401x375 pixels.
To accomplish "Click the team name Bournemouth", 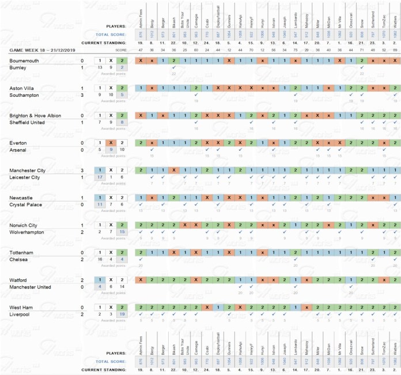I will (x=24, y=60).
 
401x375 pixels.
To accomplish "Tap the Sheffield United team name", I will (x=29, y=122).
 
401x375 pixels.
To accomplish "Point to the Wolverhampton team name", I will (x=29, y=232).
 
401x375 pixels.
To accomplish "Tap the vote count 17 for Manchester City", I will (x=100, y=177).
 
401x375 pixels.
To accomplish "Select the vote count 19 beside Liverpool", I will (x=121, y=315).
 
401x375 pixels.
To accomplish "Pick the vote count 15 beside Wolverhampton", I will (x=121, y=232).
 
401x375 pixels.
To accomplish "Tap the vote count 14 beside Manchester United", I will (x=121, y=287).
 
